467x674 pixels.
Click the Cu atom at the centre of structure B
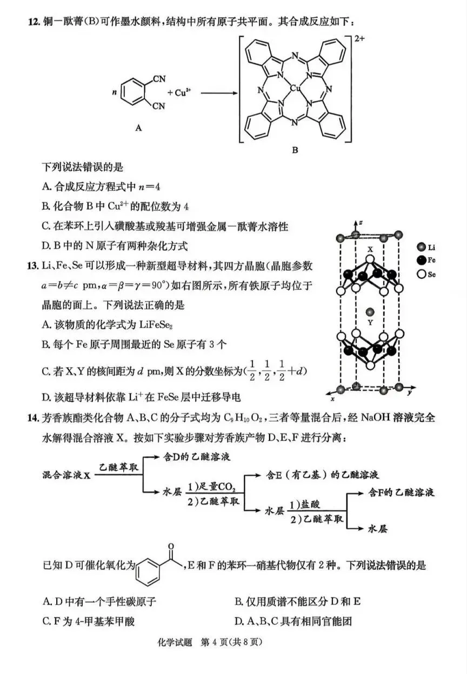click(x=295, y=89)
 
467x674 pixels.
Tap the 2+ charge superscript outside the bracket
click(x=359, y=39)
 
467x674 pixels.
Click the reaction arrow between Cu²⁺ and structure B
click(x=219, y=93)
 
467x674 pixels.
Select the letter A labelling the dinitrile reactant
click(x=138, y=128)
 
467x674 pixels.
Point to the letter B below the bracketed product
click(x=295, y=150)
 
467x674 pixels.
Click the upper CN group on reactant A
click(x=159, y=79)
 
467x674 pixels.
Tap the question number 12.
click(x=34, y=22)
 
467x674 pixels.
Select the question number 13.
click(x=34, y=266)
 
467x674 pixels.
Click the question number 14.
click(x=34, y=418)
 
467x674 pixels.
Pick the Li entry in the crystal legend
click(x=426, y=248)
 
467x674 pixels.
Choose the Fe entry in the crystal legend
click(x=426, y=261)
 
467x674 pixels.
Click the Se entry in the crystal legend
click(x=426, y=274)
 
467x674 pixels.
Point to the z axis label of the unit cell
click(x=361, y=222)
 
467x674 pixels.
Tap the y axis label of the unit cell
click(x=410, y=392)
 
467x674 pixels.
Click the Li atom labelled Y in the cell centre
click(x=370, y=312)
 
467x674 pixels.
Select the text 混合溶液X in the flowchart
click(x=66, y=475)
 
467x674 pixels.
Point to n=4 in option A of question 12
click(x=149, y=187)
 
